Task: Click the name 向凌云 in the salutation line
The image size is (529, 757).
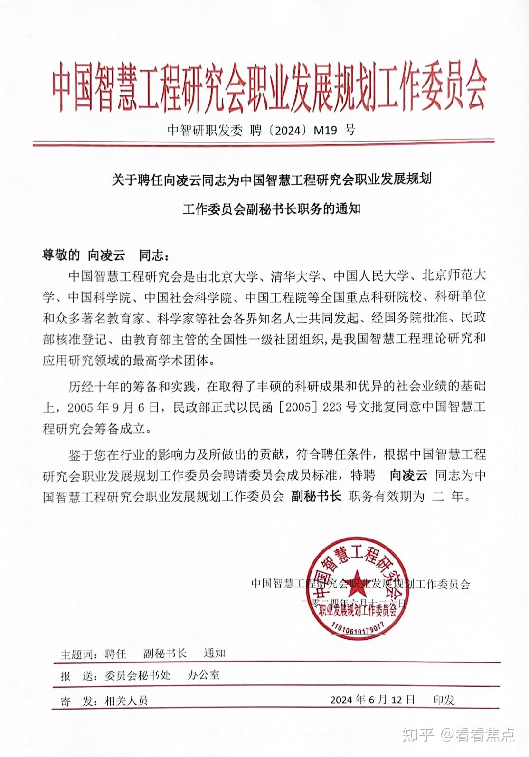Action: tap(106, 255)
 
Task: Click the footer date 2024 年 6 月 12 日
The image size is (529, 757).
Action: tap(372, 700)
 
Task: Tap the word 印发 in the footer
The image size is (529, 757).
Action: tap(444, 700)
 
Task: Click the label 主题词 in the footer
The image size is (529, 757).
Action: tap(78, 654)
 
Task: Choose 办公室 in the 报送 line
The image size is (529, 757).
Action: tap(203, 675)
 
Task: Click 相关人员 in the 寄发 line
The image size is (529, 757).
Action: tap(126, 700)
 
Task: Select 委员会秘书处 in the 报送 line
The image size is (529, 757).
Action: tap(137, 675)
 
